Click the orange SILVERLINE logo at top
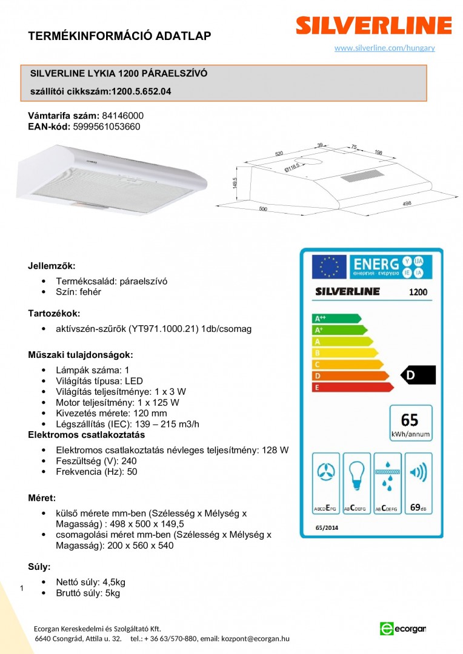click(373, 25)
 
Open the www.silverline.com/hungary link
click(384, 48)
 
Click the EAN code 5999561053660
click(107, 127)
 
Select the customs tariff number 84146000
click(123, 115)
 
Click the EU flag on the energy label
click(329, 266)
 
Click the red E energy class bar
click(351, 387)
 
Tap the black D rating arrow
click(419, 375)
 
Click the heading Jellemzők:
click(52, 266)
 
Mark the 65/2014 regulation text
click(328, 527)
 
